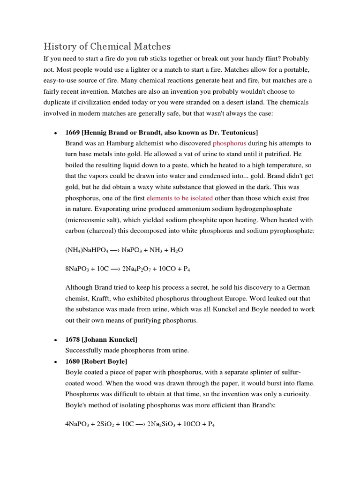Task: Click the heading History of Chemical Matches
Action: [107, 46]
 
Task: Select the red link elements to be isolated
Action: [180, 198]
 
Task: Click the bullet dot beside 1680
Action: [55, 362]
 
